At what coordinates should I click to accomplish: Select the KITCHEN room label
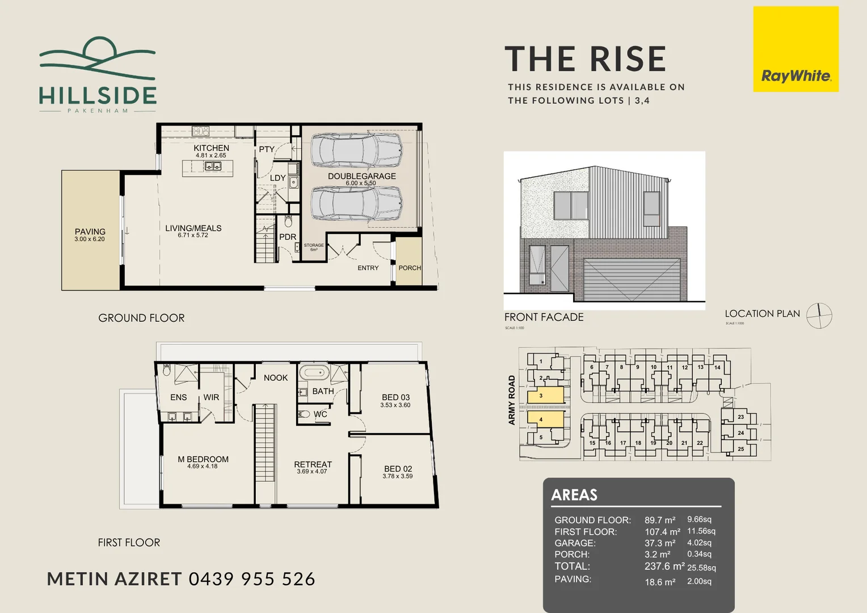[211, 148]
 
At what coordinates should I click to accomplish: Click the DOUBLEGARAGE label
[361, 177]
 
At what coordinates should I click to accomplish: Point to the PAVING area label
[90, 232]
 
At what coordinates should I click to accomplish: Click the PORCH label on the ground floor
[409, 268]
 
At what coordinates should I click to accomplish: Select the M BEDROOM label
[203, 459]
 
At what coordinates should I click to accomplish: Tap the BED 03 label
[395, 397]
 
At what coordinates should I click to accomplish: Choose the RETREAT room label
[313, 464]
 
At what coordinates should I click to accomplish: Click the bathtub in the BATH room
[314, 373]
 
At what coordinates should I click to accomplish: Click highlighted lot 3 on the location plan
[545, 396]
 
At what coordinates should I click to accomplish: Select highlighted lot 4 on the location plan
[545, 419]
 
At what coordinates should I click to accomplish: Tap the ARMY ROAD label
[511, 400]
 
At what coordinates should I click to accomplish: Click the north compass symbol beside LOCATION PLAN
[819, 316]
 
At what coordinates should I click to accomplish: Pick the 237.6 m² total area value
[664, 566]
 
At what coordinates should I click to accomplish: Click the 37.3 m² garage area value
[659, 543]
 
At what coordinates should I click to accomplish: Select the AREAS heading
[574, 495]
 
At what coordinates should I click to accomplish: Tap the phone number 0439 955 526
[251, 579]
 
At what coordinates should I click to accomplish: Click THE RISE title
[585, 60]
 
